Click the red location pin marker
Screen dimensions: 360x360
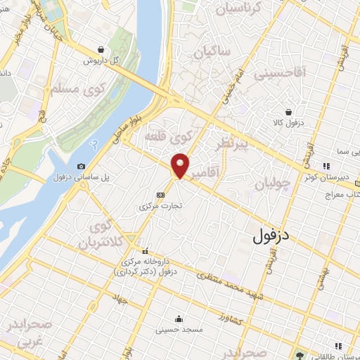(180, 165)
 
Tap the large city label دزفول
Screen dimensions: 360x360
(271, 236)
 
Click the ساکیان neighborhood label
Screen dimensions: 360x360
(213, 53)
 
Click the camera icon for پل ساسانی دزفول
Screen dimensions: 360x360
(81, 166)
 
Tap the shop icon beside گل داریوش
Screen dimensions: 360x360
(103, 49)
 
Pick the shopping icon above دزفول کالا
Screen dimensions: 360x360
(288, 112)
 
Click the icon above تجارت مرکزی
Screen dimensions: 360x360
(161, 195)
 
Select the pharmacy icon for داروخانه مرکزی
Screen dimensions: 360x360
(146, 251)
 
